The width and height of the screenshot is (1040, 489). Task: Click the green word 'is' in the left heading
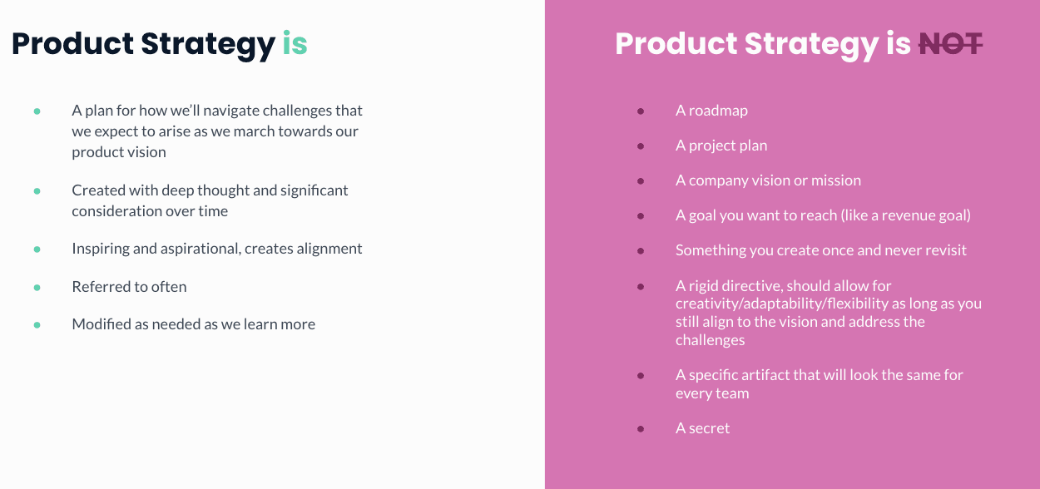(295, 43)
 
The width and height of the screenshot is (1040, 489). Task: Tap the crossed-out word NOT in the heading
(950, 44)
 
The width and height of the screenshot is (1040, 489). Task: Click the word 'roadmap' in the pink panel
(718, 111)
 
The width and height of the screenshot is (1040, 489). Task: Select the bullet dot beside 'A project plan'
(641, 146)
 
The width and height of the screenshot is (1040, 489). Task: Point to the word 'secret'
(709, 428)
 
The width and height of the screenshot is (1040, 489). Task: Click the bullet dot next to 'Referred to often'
(37, 288)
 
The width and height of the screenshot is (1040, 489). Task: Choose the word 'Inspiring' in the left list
(101, 249)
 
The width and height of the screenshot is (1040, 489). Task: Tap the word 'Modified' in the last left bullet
(102, 324)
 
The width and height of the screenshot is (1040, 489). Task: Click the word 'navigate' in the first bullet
(230, 111)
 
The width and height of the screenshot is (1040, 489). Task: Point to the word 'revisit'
(946, 250)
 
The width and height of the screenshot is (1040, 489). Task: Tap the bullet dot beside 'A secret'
(641, 429)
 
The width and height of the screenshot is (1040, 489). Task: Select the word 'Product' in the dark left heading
(73, 43)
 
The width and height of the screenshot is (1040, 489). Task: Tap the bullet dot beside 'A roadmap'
(641, 111)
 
